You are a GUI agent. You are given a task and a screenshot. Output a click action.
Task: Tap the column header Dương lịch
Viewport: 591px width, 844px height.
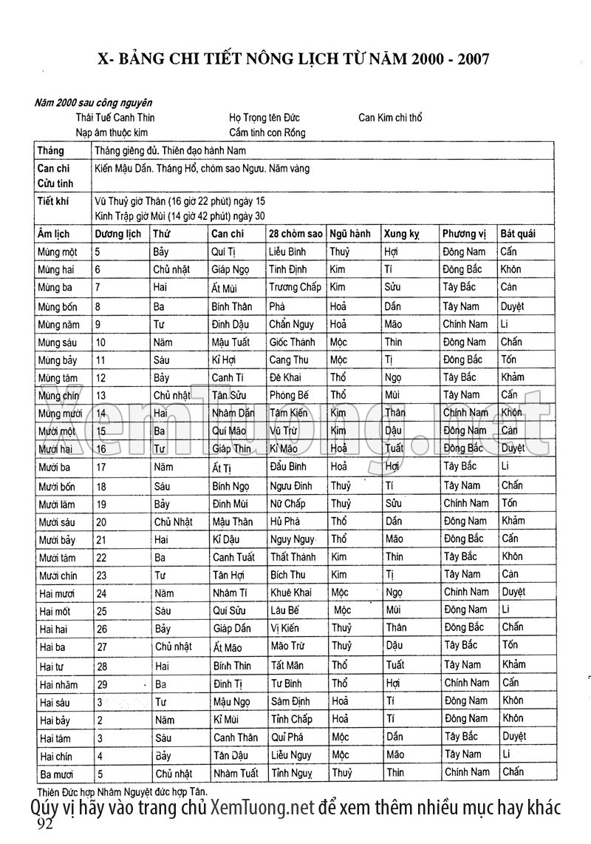[x=118, y=234]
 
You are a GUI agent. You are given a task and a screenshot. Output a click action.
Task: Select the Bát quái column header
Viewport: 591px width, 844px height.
[x=518, y=234]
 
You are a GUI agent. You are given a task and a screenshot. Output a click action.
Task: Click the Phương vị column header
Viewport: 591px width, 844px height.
[x=464, y=234]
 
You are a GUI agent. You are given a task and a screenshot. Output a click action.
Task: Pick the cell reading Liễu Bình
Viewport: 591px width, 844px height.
[x=287, y=252]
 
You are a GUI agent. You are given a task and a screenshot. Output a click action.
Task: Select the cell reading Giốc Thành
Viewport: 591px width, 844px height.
[x=292, y=342]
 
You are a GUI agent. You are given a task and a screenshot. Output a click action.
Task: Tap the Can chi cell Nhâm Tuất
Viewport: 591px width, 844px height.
[x=235, y=774]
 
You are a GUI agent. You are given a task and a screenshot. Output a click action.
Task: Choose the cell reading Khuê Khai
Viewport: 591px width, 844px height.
[x=291, y=593]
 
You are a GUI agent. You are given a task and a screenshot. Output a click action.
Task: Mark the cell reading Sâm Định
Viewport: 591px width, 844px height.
[x=291, y=700]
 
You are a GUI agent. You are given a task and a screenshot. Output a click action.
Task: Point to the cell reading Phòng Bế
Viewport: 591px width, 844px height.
[x=289, y=395]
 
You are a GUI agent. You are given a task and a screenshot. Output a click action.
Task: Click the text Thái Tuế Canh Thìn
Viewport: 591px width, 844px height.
[x=115, y=118]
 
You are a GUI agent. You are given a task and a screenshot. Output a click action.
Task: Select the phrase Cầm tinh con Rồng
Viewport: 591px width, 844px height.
[x=267, y=132]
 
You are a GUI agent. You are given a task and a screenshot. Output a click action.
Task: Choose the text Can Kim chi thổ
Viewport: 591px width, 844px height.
[x=390, y=118]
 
